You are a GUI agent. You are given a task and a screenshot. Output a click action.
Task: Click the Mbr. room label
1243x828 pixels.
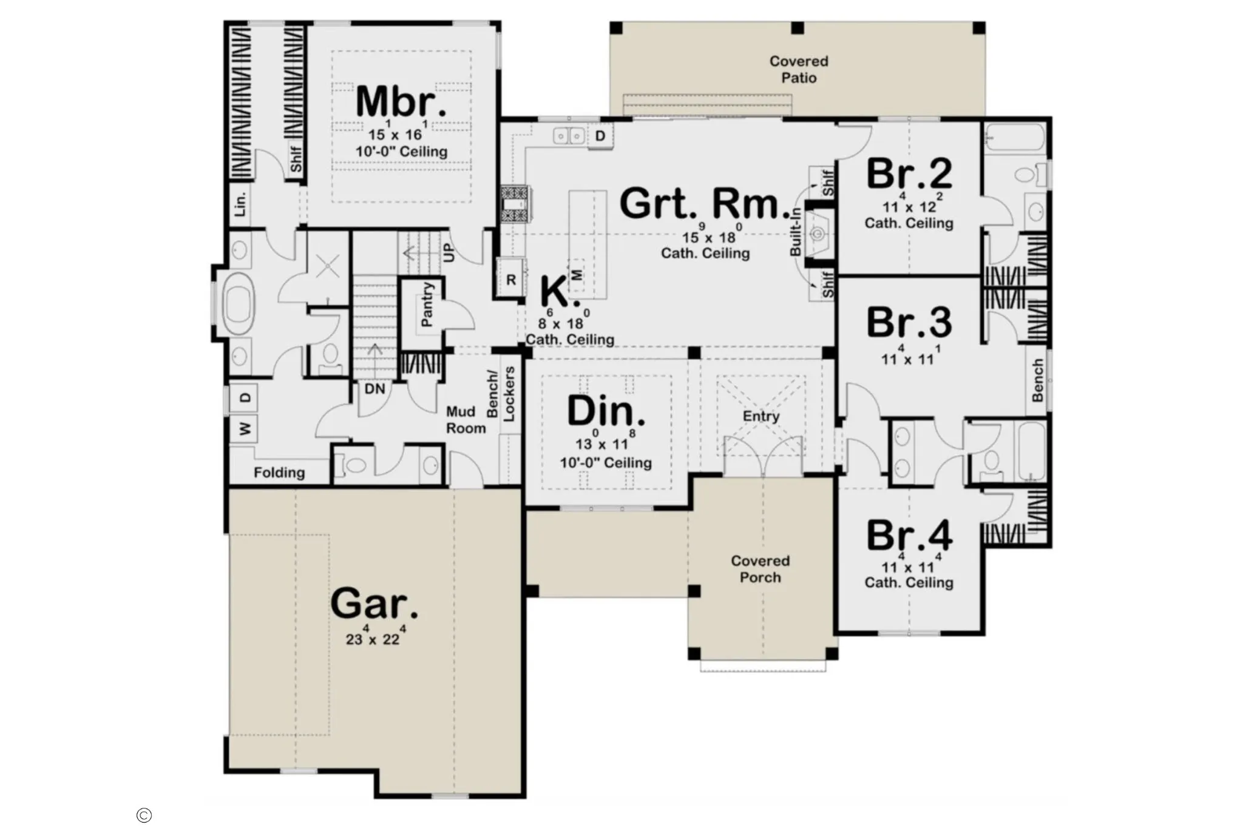(401, 101)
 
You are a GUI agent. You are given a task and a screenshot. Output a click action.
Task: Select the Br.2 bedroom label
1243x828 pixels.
(909, 174)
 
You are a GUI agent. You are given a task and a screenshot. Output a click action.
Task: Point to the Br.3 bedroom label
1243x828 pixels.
(909, 323)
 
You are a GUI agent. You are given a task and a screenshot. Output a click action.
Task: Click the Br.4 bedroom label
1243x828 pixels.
(909, 536)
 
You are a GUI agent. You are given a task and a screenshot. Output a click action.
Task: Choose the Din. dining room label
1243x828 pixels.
(606, 411)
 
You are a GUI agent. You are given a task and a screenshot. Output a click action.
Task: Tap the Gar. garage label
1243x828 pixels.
(374, 604)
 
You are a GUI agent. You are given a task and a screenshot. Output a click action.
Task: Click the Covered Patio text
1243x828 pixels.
(799, 69)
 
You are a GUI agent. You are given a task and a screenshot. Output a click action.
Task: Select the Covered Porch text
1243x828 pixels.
(760, 569)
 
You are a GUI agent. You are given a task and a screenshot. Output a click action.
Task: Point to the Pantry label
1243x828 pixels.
(427, 305)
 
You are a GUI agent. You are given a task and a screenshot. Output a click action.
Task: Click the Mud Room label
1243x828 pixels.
(466, 420)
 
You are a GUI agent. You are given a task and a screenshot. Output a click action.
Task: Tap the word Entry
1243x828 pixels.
(761, 416)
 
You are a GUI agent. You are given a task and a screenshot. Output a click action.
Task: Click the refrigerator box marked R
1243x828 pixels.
(510, 280)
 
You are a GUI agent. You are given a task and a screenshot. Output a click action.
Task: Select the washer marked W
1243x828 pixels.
(244, 429)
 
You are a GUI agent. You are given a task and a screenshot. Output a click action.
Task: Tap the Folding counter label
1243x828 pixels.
(279, 473)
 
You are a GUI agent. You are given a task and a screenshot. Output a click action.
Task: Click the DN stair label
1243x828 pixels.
(375, 389)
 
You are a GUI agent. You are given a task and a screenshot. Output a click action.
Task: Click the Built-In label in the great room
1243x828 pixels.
(795, 231)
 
